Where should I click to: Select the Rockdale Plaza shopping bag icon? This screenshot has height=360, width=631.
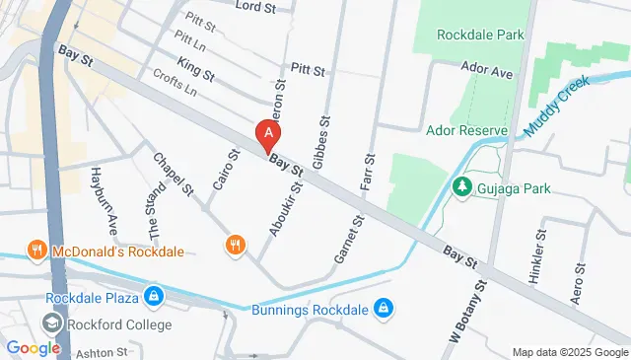[x=154, y=296]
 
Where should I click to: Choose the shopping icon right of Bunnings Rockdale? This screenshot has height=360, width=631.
[x=385, y=311]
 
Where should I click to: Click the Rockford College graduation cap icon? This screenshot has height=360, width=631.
[x=50, y=324]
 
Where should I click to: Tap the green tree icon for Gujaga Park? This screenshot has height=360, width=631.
[x=460, y=185]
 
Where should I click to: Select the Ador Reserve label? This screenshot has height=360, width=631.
[x=467, y=130]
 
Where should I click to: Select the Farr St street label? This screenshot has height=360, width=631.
[x=371, y=172]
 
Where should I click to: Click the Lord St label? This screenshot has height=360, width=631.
[x=256, y=7]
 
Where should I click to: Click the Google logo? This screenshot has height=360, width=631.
[x=34, y=347]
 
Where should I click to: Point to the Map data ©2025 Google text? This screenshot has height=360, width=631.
[x=569, y=352]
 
